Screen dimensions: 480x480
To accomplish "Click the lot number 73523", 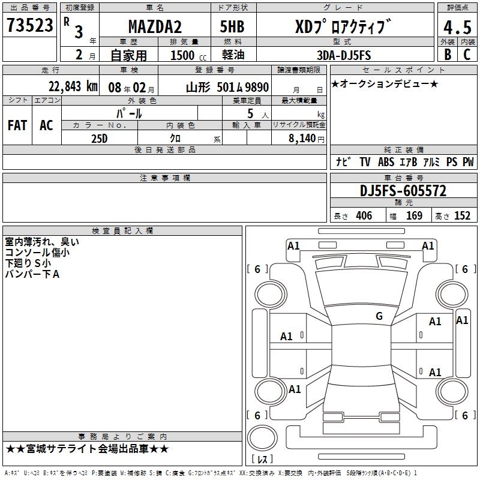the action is coord(29,25).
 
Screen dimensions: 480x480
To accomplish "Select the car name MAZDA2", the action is coord(155,26).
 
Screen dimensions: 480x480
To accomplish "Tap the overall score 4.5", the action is coord(457,28).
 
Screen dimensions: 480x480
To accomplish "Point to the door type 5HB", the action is coord(232,26).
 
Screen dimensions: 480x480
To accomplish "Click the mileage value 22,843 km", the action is coord(73,86).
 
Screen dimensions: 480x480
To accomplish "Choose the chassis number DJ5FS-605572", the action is coord(403,191).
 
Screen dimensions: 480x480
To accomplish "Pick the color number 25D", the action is coord(99,139).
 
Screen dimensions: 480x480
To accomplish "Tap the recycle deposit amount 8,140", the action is coord(302,138).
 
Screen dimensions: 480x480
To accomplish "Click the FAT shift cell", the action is coord(17,125).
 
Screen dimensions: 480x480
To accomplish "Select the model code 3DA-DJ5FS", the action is coord(344,55).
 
